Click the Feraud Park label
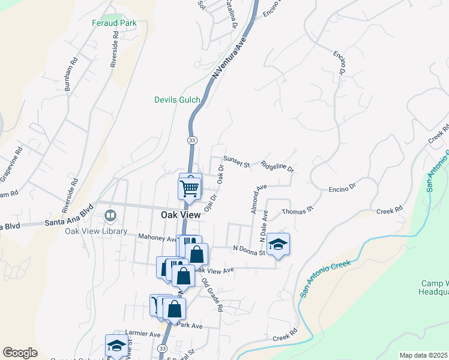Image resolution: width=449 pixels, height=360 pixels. tap(114, 23)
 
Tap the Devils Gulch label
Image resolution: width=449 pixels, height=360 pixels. tap(177, 100)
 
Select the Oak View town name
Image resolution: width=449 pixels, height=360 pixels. tap(181, 214)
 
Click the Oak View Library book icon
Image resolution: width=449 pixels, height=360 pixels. tap(110, 215)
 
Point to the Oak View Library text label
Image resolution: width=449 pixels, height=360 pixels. tap(97, 232)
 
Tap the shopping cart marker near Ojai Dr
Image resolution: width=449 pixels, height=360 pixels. tap(190, 188)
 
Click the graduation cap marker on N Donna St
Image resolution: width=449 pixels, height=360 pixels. tap(278, 244)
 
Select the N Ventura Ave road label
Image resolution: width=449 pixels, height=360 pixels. tap(229, 58)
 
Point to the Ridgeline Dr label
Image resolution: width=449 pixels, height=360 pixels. tap(277, 167)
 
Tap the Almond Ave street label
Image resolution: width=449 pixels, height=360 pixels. tap(258, 200)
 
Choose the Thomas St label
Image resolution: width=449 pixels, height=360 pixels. tap(298, 210)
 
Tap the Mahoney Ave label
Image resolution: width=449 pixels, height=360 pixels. tap(155, 238)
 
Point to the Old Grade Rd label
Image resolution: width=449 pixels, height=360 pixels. tap(212, 295)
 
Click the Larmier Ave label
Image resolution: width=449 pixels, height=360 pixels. tap(143, 333)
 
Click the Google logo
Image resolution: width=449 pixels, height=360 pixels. tap(20, 353)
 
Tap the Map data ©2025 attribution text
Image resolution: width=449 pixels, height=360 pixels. tap(424, 355)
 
